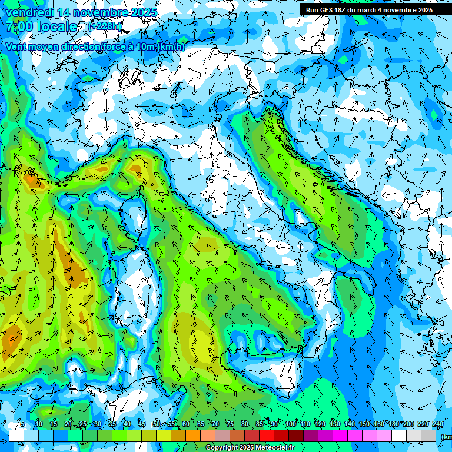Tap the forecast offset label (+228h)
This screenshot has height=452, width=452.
click(104, 26)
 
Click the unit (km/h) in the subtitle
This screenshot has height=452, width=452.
click(171, 46)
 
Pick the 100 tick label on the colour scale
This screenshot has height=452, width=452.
click(290, 424)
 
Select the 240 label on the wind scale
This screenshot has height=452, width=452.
click(437, 424)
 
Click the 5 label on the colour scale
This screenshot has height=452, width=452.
click(22, 424)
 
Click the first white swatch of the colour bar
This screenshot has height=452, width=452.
click(16, 436)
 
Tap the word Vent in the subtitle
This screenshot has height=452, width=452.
click(16, 46)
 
